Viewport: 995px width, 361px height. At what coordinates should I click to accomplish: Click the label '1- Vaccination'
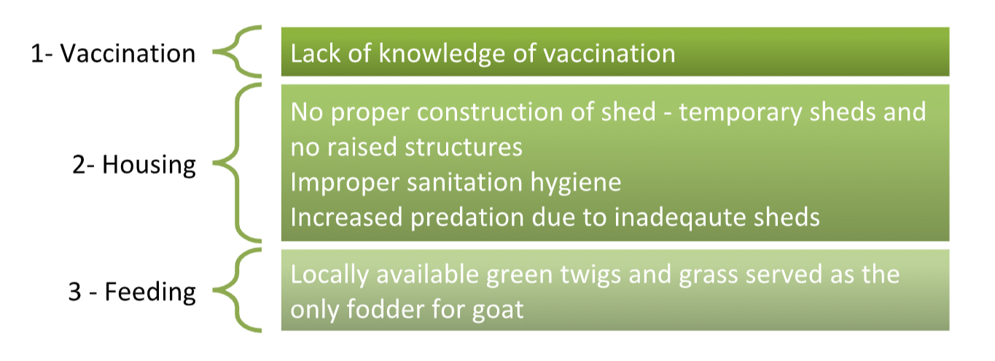coord(113,54)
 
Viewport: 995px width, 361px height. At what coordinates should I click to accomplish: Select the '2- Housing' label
coord(134,165)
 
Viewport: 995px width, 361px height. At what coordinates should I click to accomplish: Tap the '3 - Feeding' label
coord(132,293)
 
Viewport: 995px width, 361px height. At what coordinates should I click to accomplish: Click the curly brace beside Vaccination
coord(237,52)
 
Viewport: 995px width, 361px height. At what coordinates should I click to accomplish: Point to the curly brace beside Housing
coord(237,163)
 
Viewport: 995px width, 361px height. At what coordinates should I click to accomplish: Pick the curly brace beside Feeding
coord(237,290)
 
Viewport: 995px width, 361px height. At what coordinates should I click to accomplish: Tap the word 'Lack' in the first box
coord(316,54)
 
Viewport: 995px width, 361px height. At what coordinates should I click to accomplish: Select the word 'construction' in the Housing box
coord(490,112)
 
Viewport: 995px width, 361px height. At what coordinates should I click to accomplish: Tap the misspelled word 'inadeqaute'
coord(675,218)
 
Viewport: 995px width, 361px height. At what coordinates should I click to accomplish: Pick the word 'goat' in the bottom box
coord(498,311)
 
